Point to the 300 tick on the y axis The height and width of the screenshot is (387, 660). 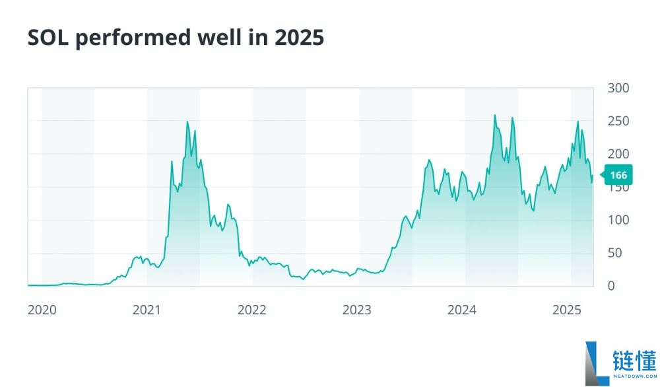tap(618, 88)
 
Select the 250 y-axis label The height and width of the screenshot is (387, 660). tap(618, 121)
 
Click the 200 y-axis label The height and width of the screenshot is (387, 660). tap(618, 154)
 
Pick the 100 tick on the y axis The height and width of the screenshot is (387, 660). tap(618, 220)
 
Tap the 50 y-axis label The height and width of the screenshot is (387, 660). tap(615, 253)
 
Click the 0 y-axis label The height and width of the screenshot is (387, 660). tap(612, 286)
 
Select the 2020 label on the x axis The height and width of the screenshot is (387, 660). tap(42, 310)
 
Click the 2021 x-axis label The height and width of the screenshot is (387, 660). tap(147, 310)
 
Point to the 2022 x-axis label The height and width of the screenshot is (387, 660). tap(252, 310)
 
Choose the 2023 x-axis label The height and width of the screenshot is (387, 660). tap(357, 310)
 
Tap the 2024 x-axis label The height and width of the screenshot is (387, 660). tap(462, 310)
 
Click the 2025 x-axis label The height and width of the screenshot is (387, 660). tap(566, 310)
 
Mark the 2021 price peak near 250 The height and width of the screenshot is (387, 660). tap(187, 122)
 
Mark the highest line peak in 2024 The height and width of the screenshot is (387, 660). tap(495, 116)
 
